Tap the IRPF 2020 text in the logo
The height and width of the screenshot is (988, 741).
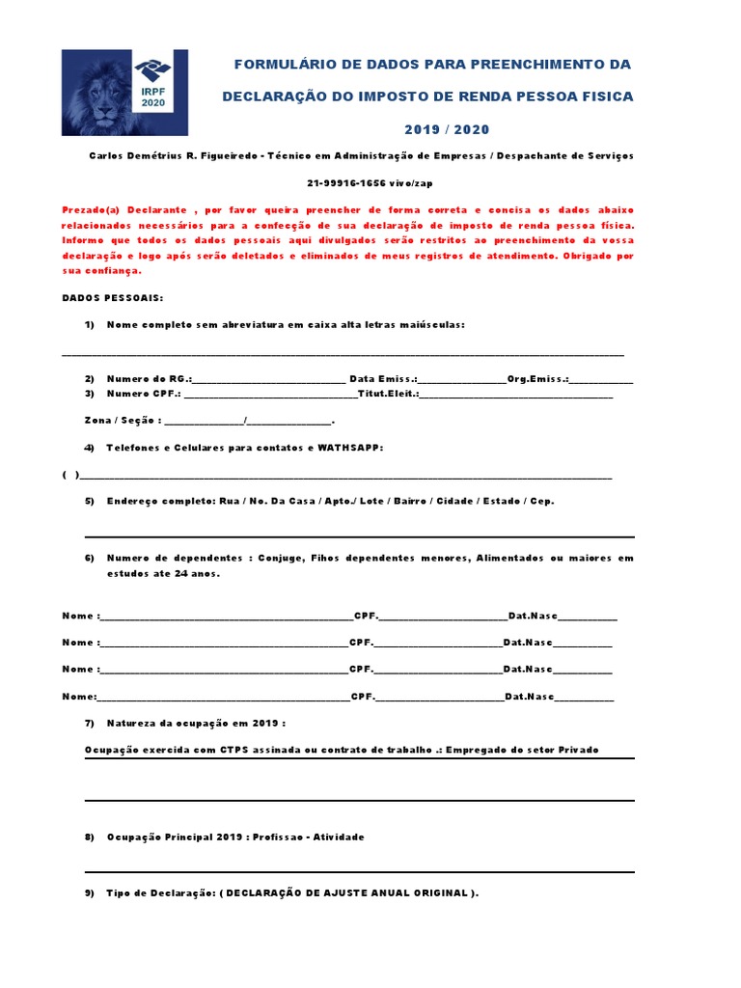pyautogui.click(x=153, y=97)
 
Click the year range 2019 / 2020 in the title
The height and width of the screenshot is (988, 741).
pyautogui.click(x=447, y=129)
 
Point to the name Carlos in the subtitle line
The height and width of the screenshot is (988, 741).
pyautogui.click(x=108, y=155)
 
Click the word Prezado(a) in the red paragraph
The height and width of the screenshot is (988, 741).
pyautogui.click(x=94, y=209)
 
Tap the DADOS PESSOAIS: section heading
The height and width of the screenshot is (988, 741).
pyautogui.click(x=113, y=298)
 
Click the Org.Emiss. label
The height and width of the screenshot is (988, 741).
pyautogui.click(x=538, y=379)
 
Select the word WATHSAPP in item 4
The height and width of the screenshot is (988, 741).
pyautogui.click(x=350, y=448)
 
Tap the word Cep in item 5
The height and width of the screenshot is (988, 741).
pyautogui.click(x=544, y=501)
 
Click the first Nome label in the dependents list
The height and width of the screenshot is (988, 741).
pyautogui.click(x=79, y=616)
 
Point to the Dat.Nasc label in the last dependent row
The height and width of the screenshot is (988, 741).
pyautogui.click(x=529, y=697)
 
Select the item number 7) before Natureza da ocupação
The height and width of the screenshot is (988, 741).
pyautogui.click(x=90, y=723)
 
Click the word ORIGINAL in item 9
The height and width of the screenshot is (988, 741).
pyautogui.click(x=441, y=893)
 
